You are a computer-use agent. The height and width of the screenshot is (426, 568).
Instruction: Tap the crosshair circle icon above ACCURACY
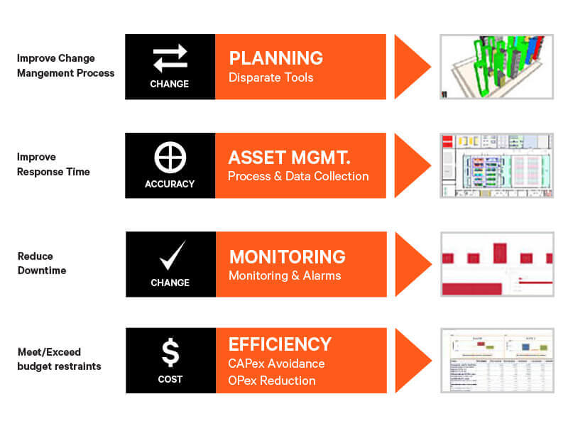click(x=170, y=157)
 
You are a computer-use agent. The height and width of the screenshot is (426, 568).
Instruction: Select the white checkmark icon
click(x=170, y=256)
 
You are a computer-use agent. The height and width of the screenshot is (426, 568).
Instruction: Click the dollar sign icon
click(x=170, y=353)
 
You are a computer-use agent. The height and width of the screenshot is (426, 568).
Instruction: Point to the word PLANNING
click(x=275, y=58)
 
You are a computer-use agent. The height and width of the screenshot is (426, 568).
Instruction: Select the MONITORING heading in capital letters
click(x=287, y=256)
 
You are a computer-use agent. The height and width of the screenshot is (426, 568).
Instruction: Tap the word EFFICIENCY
click(x=280, y=344)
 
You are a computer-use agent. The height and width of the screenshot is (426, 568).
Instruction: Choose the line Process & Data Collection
click(x=298, y=176)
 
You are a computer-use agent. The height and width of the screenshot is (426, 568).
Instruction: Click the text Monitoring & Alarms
click(x=285, y=275)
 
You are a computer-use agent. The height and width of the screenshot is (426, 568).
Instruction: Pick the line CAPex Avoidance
click(x=276, y=364)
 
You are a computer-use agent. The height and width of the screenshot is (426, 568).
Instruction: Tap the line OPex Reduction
click(x=272, y=381)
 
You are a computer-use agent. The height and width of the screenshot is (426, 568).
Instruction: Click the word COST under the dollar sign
click(x=170, y=379)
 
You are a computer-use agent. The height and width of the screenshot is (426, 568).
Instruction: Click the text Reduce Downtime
click(x=35, y=263)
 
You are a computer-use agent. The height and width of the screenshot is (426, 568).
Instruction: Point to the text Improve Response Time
click(x=53, y=164)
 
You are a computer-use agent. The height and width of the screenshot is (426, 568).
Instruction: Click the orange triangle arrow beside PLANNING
click(x=411, y=67)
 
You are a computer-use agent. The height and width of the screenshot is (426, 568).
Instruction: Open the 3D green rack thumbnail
click(x=496, y=66)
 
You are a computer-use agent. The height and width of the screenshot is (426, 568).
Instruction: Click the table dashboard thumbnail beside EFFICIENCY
click(x=496, y=361)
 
